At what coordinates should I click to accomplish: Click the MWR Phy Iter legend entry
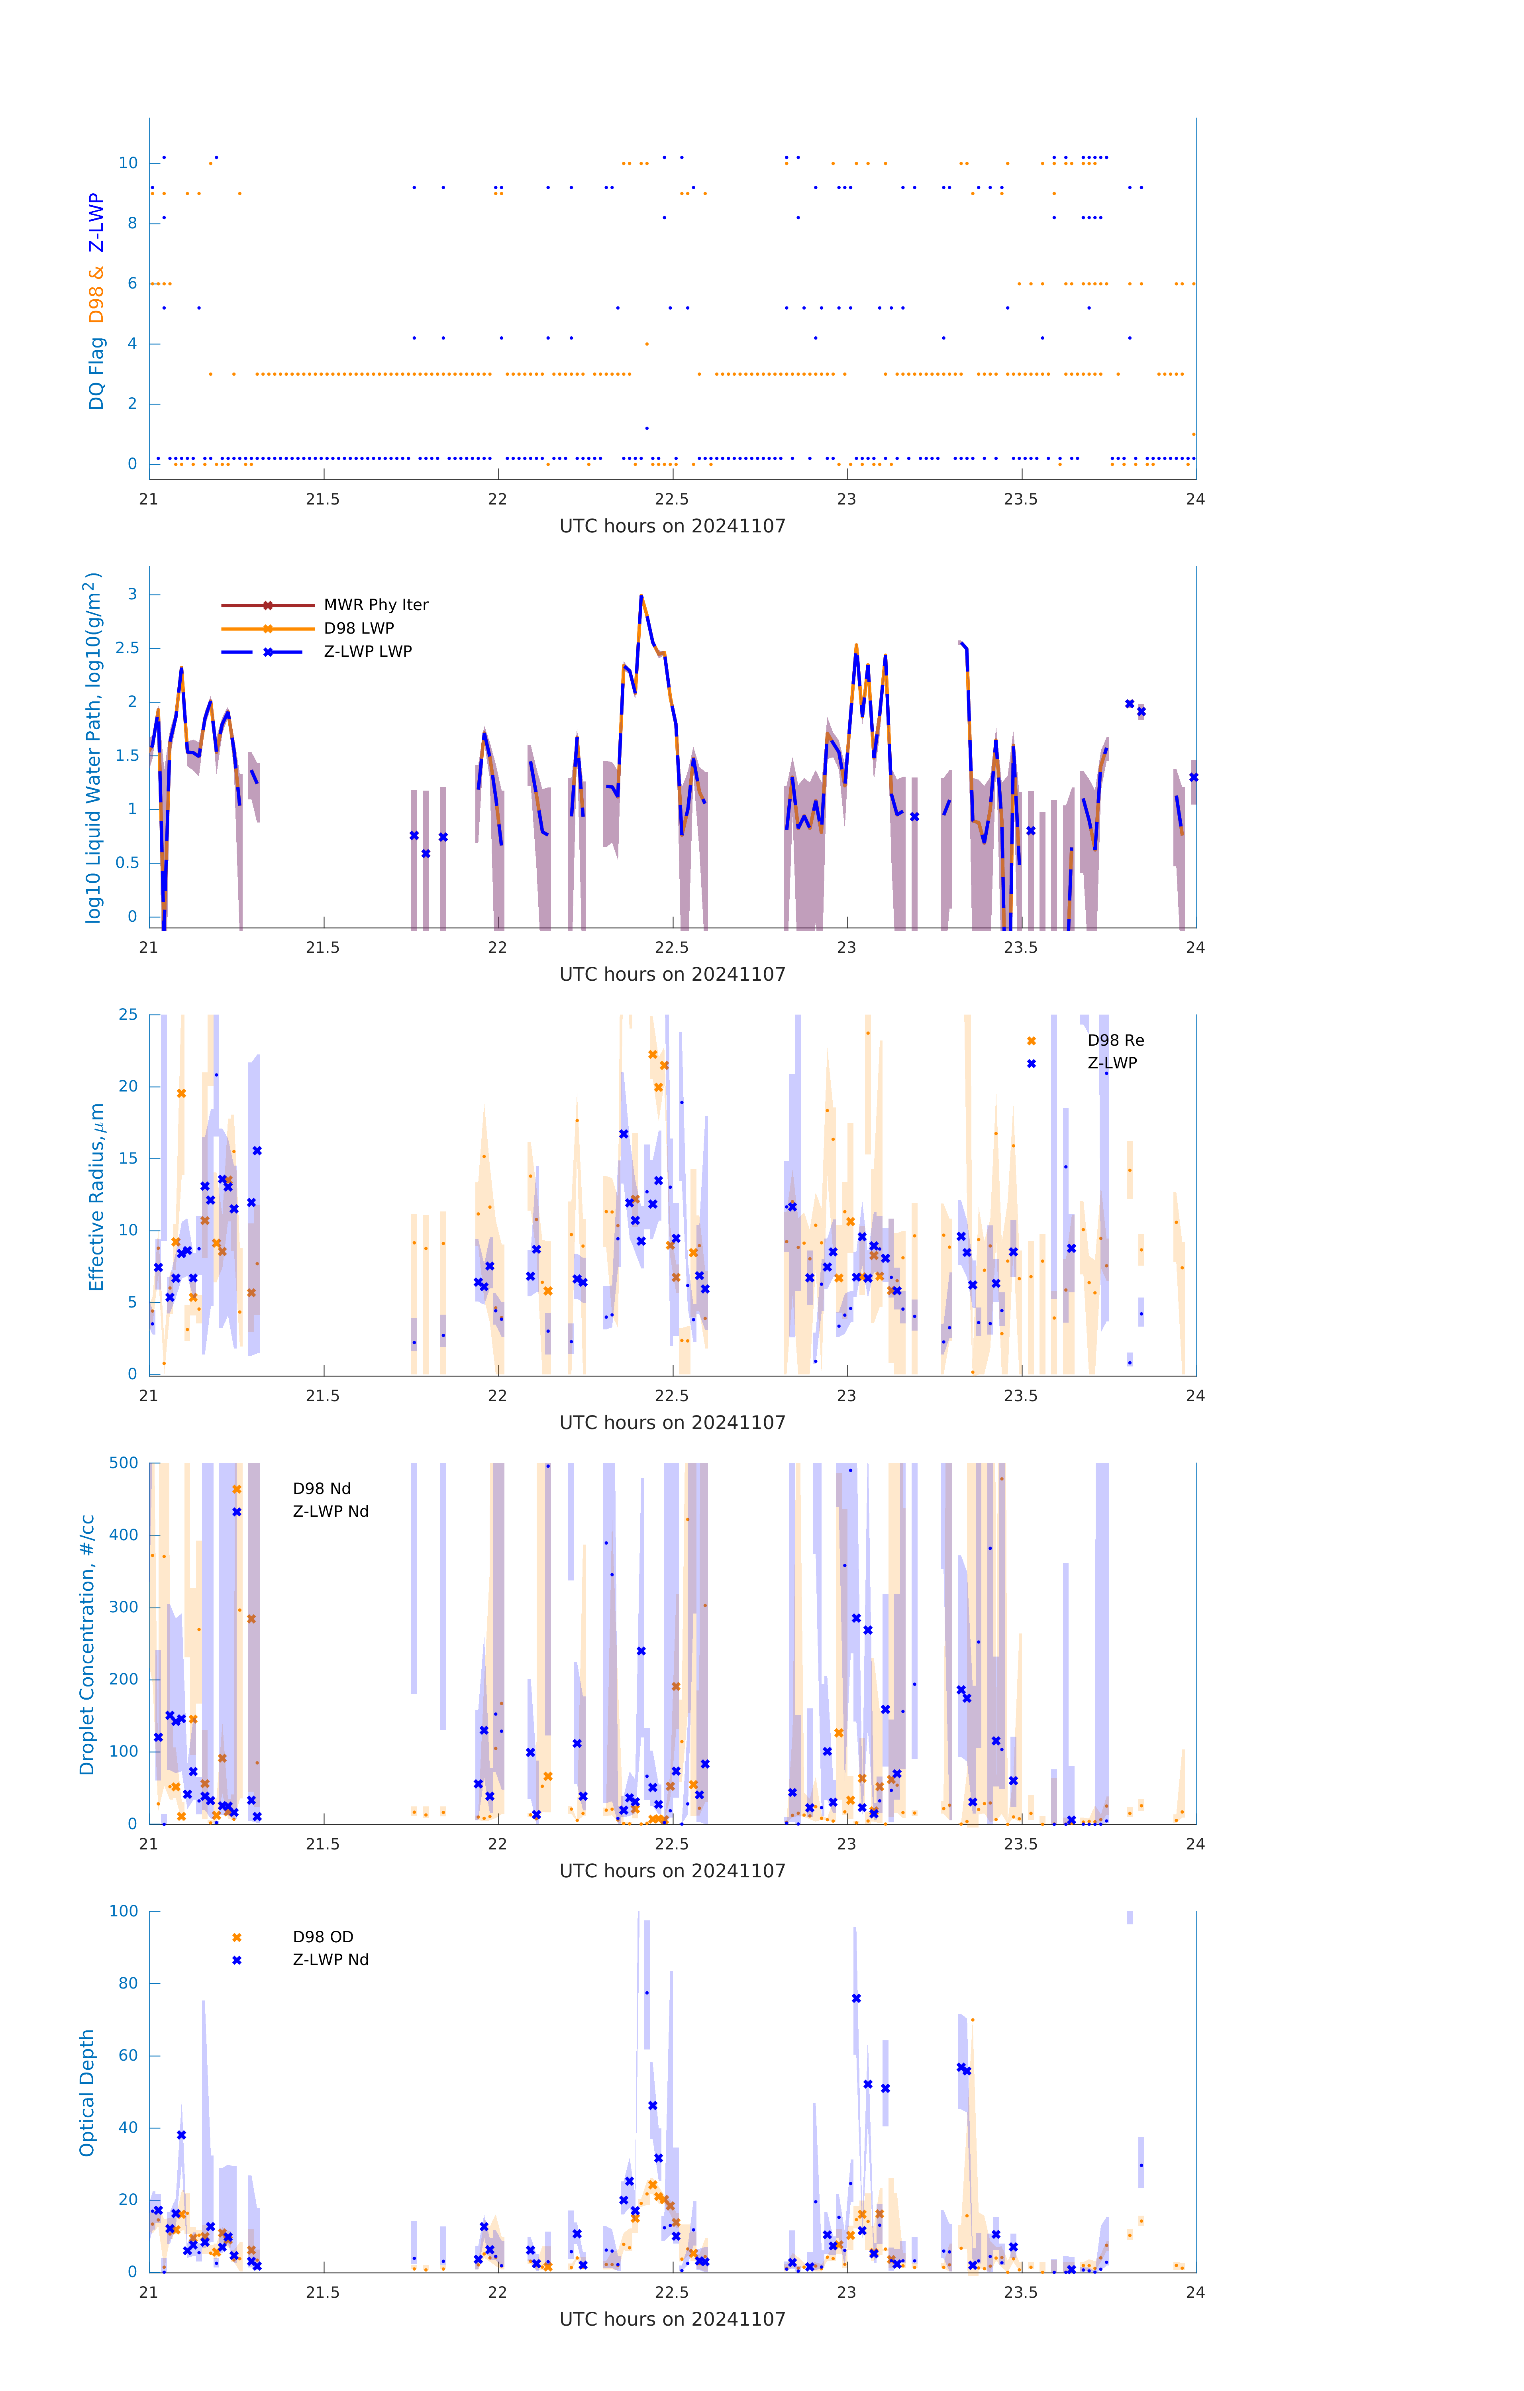point(375,605)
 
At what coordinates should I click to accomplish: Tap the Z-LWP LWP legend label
point(367,652)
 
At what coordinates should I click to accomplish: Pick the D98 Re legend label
point(1115,1040)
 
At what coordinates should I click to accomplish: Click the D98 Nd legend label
point(322,1488)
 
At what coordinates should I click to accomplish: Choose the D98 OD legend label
point(323,1936)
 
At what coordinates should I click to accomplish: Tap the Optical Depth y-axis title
point(87,2092)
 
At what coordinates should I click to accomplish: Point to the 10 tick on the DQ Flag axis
point(128,163)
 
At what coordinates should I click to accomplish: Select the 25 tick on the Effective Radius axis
point(128,1015)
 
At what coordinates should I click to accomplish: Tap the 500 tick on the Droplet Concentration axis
point(124,1462)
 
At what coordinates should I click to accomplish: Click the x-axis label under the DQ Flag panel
point(672,526)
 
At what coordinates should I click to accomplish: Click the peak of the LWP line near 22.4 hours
point(641,596)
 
